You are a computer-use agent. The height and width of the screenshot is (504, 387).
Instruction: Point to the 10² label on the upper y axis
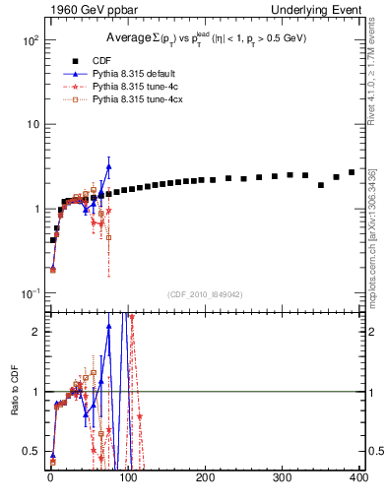tap(30, 40)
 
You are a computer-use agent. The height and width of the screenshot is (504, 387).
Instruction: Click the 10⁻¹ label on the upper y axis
tap(30, 293)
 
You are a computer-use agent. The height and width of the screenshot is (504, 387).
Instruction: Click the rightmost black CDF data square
tap(352, 172)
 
